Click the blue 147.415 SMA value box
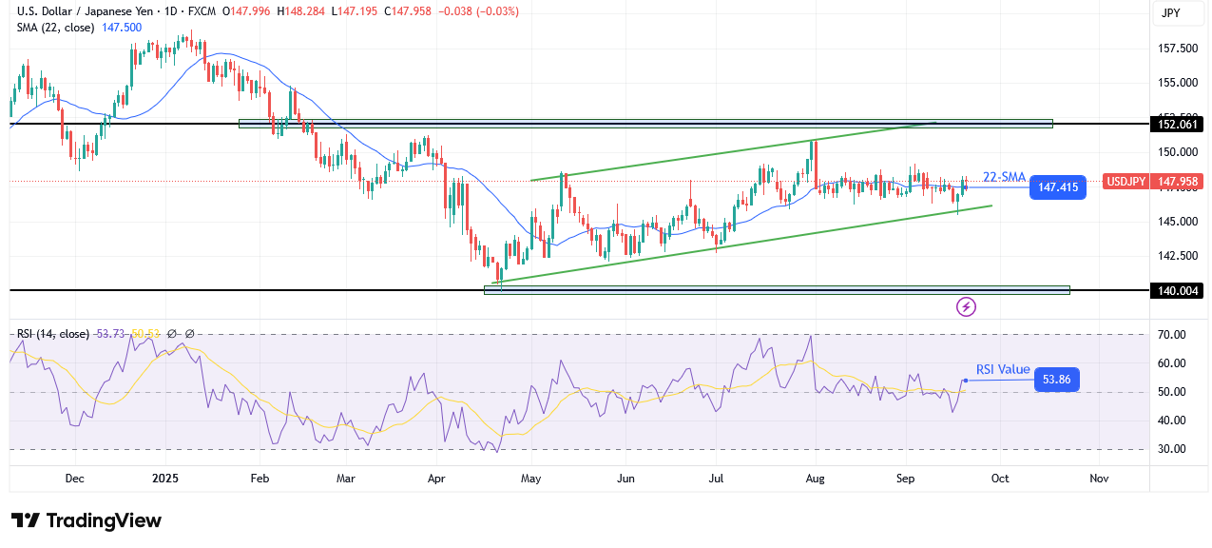click(1058, 187)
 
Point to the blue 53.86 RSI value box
click(1055, 380)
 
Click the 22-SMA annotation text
click(1005, 176)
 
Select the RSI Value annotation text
click(1003, 369)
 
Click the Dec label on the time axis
click(74, 479)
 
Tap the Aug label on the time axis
click(815, 479)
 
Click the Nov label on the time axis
click(1098, 479)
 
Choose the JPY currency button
click(1170, 13)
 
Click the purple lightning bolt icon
click(967, 306)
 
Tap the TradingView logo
click(87, 520)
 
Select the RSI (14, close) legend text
click(53, 334)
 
